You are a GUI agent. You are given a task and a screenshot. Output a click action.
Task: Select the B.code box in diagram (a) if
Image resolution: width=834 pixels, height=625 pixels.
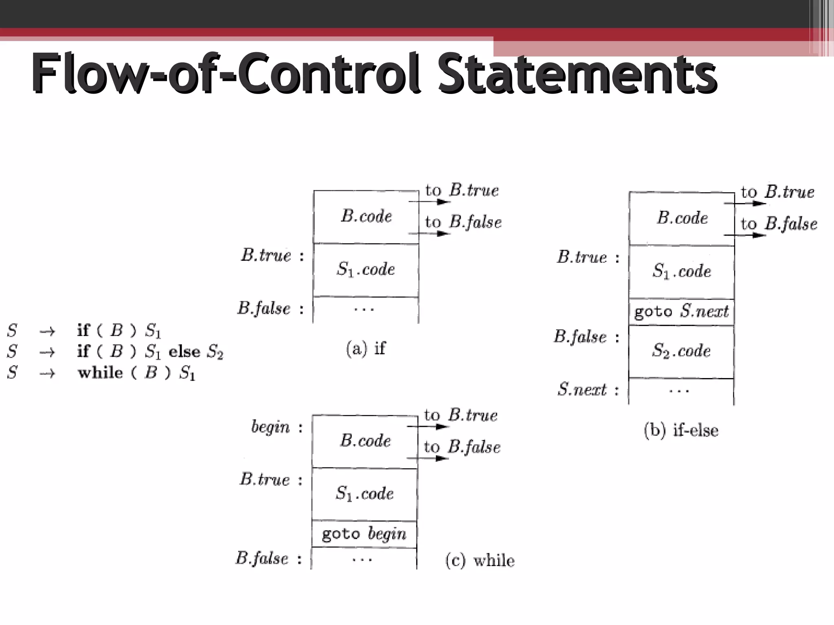tap(366, 216)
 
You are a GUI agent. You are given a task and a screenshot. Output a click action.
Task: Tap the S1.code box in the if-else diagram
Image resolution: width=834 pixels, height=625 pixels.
tap(682, 271)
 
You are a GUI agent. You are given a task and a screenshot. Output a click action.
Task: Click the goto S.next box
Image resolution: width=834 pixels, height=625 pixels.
tap(682, 312)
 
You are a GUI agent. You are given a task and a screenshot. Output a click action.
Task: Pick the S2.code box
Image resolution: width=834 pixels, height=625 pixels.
tap(681, 351)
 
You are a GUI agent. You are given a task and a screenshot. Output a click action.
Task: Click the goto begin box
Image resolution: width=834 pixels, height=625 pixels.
tap(364, 533)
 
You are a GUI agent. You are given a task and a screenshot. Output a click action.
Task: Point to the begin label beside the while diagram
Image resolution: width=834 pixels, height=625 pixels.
tap(270, 427)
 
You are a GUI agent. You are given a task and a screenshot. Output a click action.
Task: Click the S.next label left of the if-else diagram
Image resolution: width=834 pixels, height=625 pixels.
tap(582, 390)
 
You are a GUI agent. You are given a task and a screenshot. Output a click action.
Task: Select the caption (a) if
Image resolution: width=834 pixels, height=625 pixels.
tap(365, 349)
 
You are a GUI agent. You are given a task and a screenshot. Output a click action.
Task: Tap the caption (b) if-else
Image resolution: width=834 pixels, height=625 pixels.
tap(681, 430)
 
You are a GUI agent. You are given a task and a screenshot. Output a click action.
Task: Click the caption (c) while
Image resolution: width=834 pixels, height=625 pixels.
tap(480, 560)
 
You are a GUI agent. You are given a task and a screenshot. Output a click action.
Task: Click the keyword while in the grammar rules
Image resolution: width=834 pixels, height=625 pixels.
tap(100, 373)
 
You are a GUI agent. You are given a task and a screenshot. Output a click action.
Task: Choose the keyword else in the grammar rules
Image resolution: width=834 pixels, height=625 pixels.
tap(184, 352)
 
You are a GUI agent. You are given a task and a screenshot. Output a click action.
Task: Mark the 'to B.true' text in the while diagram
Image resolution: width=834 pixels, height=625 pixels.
tap(461, 415)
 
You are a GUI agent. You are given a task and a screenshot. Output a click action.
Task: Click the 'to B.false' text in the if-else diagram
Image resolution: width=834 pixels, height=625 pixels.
tap(779, 224)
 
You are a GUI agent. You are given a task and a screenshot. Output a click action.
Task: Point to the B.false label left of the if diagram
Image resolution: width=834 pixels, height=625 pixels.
tap(264, 308)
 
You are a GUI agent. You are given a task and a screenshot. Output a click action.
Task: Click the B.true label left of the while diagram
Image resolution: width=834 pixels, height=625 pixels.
tap(265, 480)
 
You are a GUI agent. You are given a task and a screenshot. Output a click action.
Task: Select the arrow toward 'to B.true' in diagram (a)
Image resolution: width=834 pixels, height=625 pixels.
tap(430, 201)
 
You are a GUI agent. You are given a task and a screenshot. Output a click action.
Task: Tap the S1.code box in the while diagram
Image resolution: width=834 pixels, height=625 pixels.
tap(364, 494)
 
